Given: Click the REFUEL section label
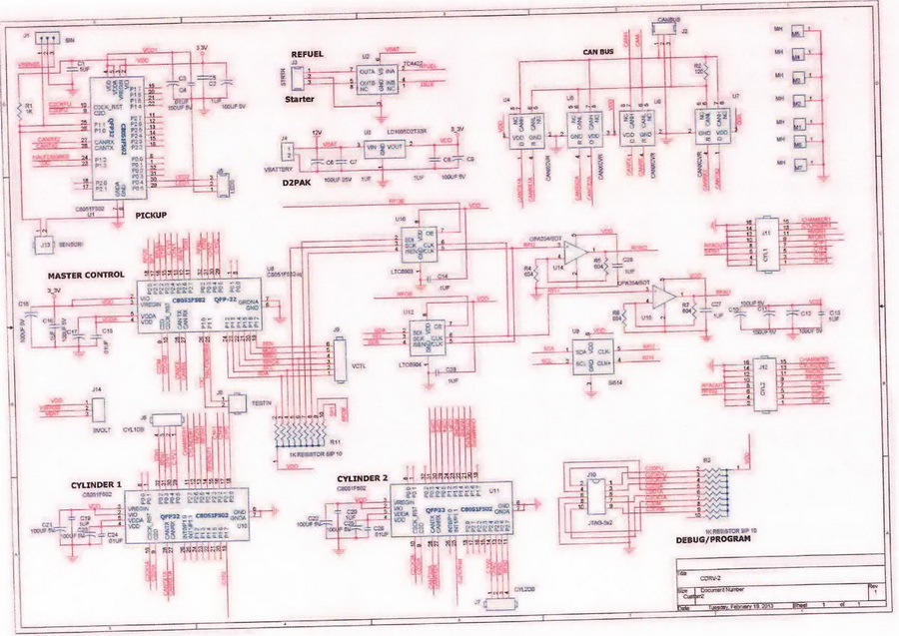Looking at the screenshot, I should click(x=309, y=54).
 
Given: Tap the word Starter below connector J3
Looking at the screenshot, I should click(x=300, y=101).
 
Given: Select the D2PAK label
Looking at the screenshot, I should click(x=300, y=184).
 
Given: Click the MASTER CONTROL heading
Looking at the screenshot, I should click(x=85, y=275).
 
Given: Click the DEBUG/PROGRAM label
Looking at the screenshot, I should click(x=712, y=538).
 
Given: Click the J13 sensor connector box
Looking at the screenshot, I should click(x=45, y=244).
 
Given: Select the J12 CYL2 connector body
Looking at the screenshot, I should click(x=765, y=376).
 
